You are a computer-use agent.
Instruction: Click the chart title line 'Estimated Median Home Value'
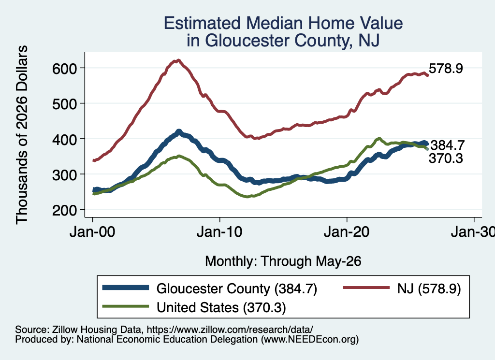point(283,23)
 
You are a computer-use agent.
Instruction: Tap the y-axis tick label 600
point(65,69)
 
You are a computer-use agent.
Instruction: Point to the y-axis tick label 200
point(65,210)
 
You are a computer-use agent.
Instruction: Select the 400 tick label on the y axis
point(65,139)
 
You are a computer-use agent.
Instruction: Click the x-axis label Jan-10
point(219,232)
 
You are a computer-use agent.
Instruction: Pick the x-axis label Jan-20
point(347,232)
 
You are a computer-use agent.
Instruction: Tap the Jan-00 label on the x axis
point(92,232)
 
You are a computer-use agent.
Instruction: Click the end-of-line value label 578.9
point(446,69)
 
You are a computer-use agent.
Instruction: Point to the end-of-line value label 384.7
point(447,145)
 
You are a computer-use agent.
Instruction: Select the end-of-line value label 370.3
point(446,158)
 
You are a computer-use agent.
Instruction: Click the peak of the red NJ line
point(178,60)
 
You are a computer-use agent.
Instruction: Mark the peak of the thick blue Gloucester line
point(179,131)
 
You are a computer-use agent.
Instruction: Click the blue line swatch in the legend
point(125,288)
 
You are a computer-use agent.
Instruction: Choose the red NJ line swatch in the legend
point(366,288)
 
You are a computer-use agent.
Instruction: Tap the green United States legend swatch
point(125,306)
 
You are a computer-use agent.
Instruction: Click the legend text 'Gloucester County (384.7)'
point(237,288)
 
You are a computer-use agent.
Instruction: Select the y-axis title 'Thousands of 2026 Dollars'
point(22,135)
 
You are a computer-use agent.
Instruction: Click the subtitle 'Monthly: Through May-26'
point(283,261)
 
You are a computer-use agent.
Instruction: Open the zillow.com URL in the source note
point(230,330)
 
